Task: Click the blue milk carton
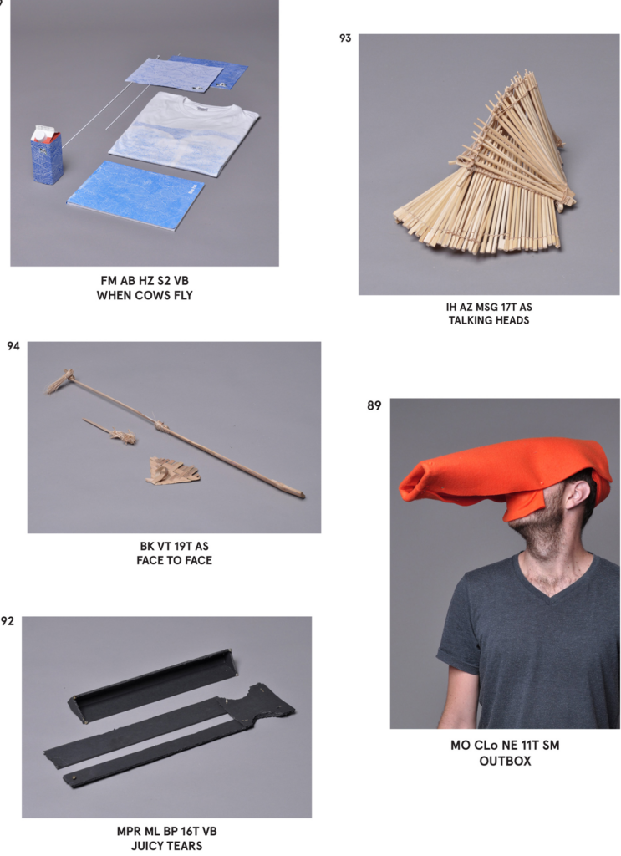click(46, 155)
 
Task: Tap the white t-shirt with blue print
click(184, 133)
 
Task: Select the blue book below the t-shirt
click(135, 195)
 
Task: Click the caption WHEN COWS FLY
click(145, 295)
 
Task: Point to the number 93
click(345, 38)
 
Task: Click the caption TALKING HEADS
click(489, 320)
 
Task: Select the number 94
click(13, 346)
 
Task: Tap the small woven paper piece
click(172, 471)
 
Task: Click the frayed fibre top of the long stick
click(59, 380)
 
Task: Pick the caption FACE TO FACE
click(174, 560)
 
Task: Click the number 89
click(374, 405)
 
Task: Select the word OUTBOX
click(505, 761)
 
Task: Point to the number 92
click(7, 621)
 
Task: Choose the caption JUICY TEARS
click(166, 846)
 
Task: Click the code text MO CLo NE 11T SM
click(505, 746)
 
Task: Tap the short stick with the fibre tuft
click(109, 431)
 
